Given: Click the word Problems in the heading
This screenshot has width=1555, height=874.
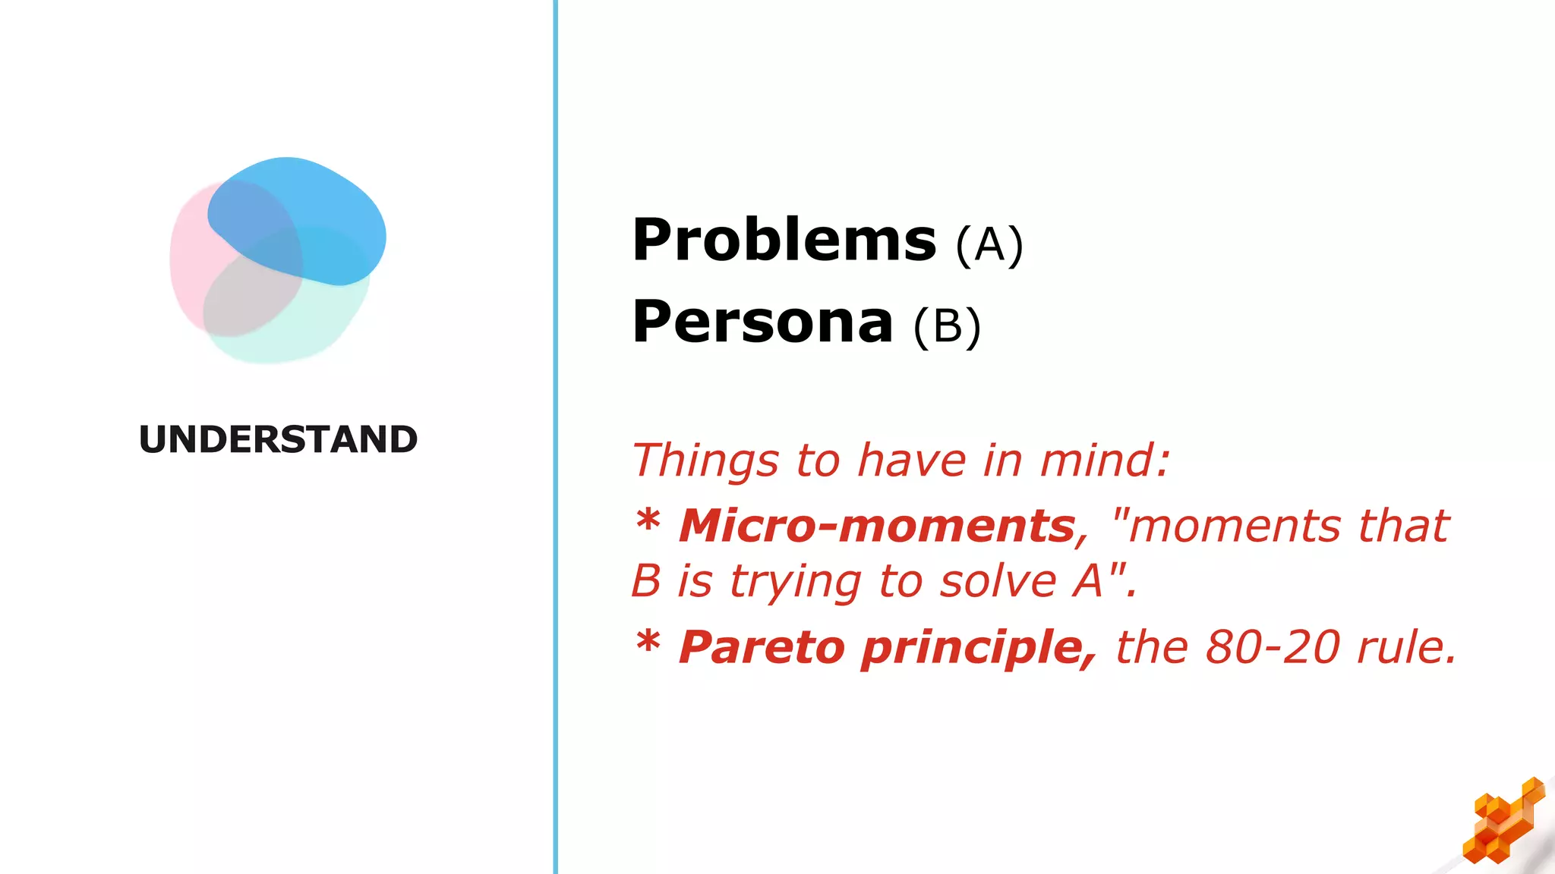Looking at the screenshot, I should (784, 241).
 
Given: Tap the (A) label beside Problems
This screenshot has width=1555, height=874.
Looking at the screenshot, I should (989, 246).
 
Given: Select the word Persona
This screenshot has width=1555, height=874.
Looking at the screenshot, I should (762, 322).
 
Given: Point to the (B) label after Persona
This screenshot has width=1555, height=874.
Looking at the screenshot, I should (947, 327).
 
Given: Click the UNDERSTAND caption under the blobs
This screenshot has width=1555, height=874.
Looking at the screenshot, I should (278, 440).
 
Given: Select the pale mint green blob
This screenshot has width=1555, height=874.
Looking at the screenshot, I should (304, 334).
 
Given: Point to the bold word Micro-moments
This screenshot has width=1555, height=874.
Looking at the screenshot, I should (877, 526).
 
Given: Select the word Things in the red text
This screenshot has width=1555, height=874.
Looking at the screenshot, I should (705, 461).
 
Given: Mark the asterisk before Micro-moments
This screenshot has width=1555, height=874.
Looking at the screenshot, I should (648, 520).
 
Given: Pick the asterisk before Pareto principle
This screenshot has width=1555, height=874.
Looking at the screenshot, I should (648, 643).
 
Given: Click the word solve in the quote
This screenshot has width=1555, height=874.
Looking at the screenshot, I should (998, 582).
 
